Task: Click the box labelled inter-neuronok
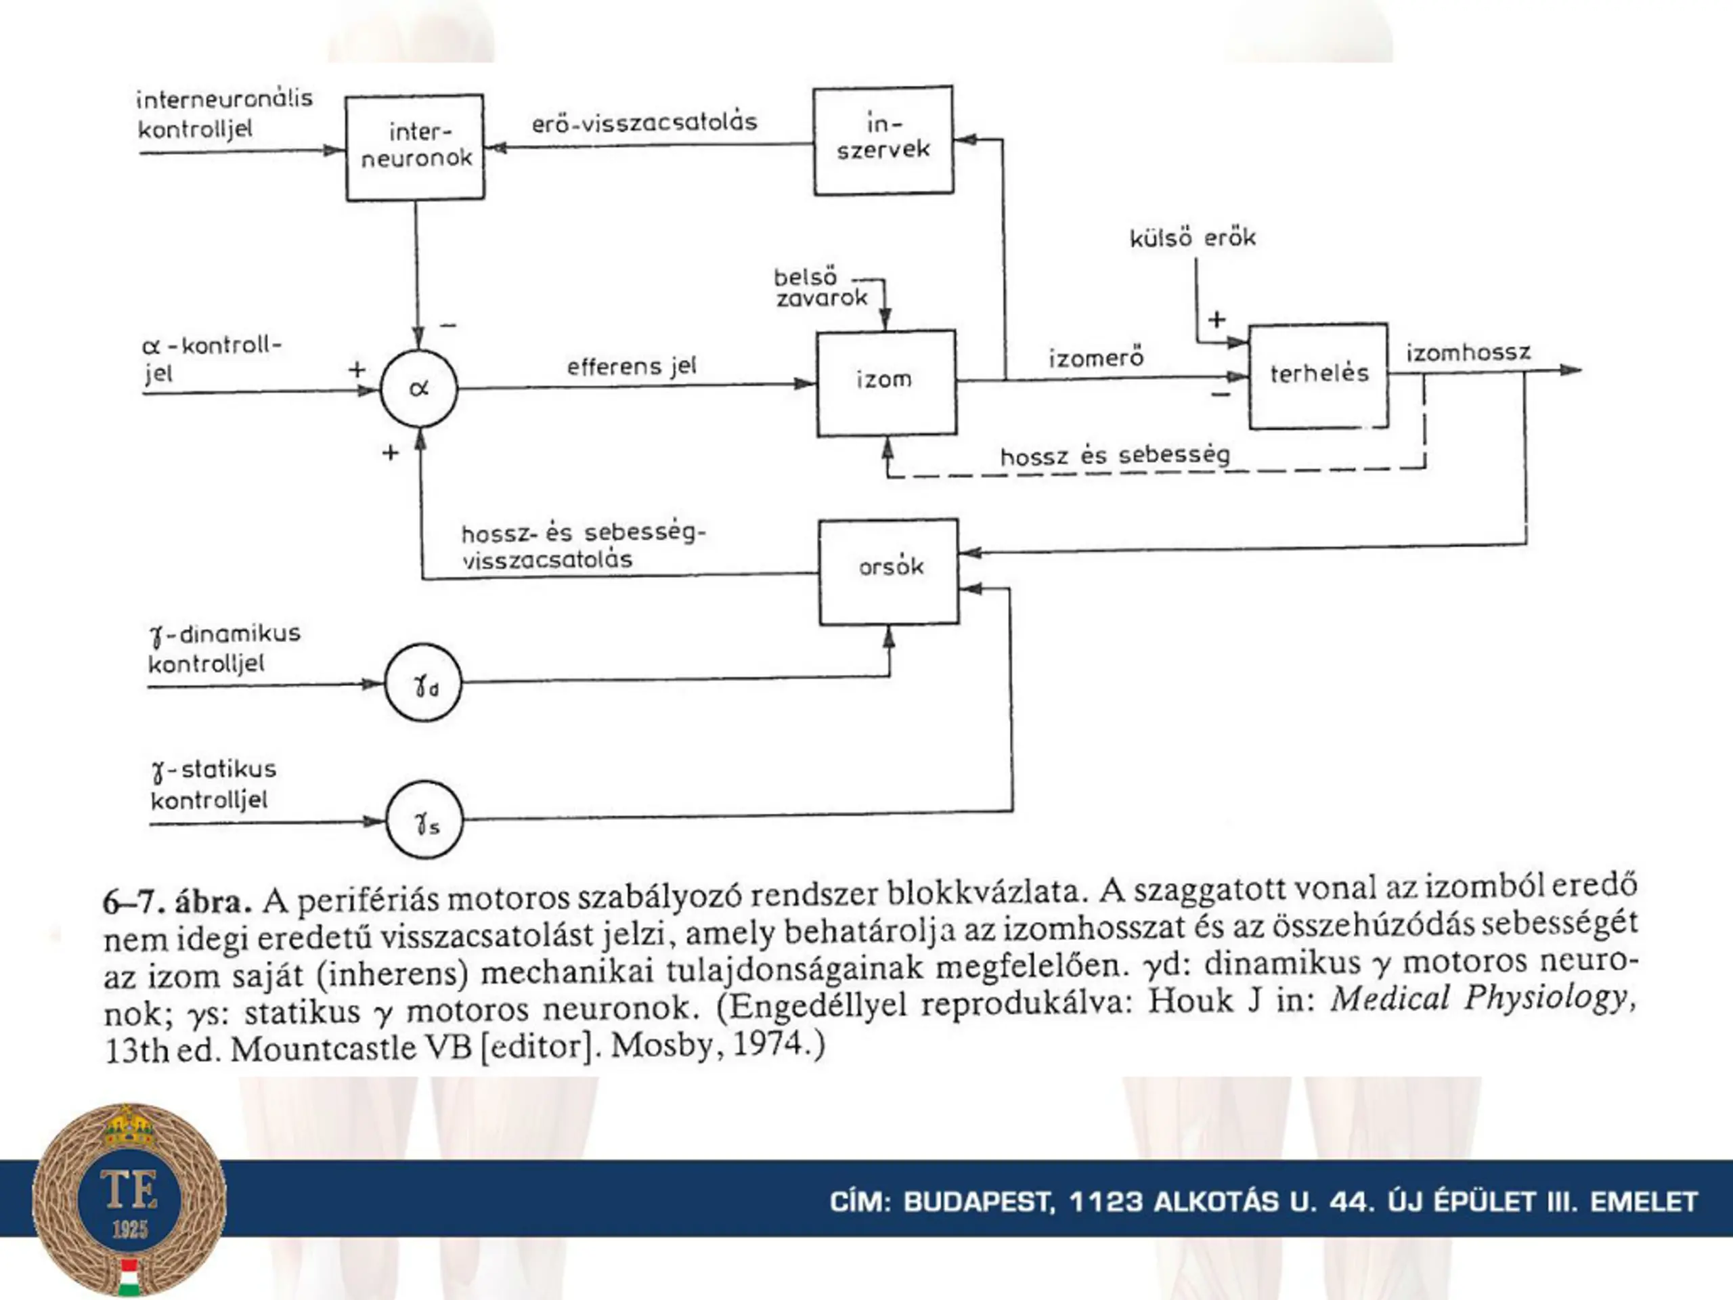415,148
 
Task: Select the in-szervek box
883,140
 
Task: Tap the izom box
886,383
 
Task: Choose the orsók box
890,571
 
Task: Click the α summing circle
419,389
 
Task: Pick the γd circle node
423,683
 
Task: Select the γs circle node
424,820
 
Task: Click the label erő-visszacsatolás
644,123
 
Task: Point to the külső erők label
1192,238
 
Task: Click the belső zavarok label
820,288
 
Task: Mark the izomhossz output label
1468,353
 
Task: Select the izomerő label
1096,359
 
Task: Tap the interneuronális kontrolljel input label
224,114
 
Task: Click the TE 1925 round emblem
129,1199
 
